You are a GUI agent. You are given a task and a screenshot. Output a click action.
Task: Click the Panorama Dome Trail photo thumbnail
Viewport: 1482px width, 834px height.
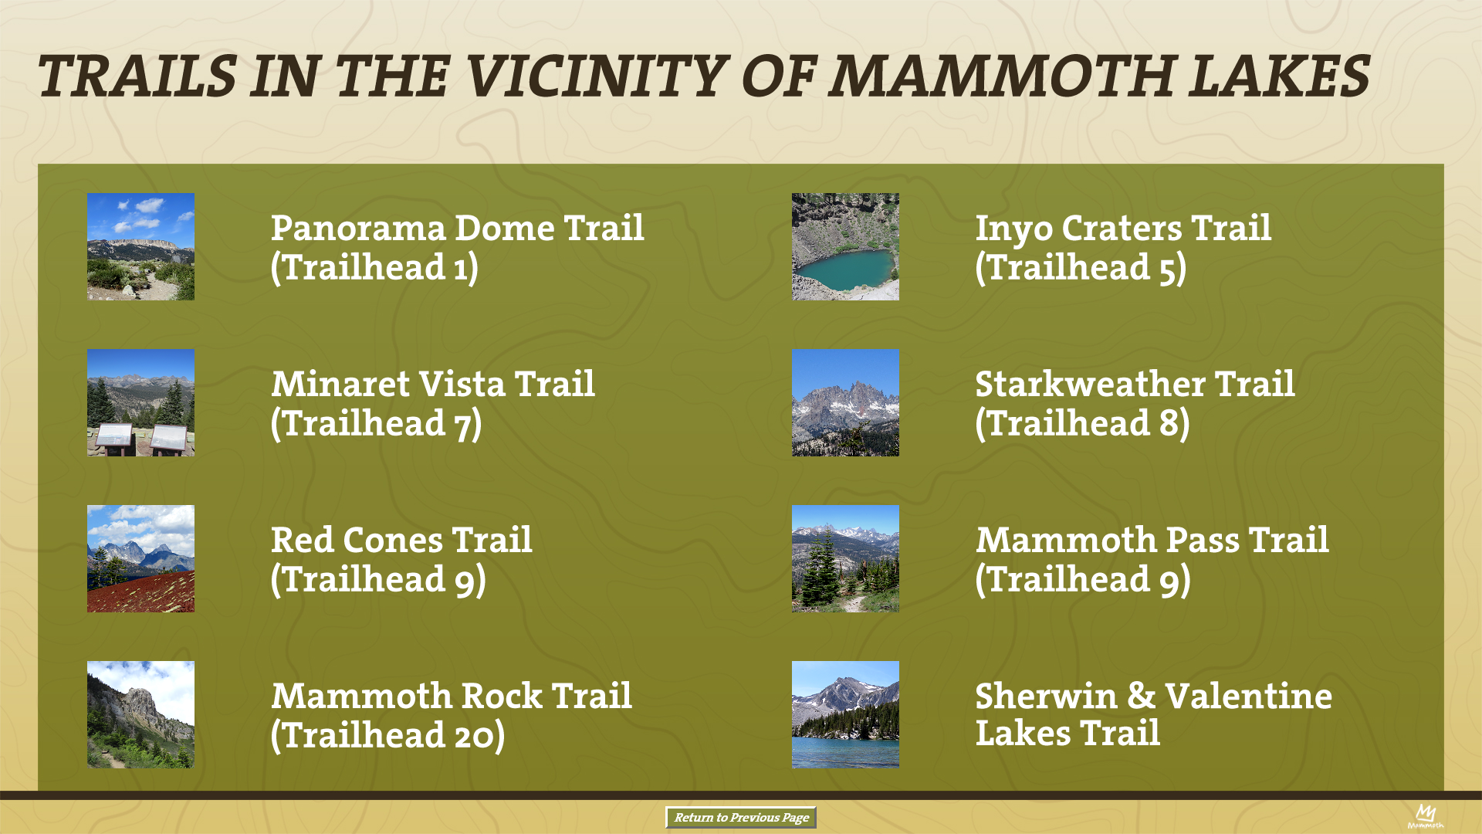pos(140,246)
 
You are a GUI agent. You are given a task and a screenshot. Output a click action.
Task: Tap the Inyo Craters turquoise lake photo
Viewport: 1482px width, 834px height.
pos(845,246)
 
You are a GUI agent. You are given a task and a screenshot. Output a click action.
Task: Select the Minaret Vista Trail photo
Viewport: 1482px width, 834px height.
pos(140,402)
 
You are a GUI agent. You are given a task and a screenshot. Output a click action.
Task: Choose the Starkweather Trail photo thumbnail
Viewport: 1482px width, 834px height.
pos(845,402)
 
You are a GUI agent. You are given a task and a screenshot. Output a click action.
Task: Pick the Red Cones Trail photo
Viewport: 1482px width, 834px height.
pos(140,558)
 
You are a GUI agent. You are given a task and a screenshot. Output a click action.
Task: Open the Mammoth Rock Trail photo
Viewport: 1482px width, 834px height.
pos(140,714)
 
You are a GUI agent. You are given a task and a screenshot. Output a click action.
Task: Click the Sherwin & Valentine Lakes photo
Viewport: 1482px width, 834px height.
pos(845,714)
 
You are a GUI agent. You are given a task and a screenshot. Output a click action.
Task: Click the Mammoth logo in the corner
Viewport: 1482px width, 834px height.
pos(1425,815)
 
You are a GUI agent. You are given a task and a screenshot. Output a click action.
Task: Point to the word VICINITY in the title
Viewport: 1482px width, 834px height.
pos(597,76)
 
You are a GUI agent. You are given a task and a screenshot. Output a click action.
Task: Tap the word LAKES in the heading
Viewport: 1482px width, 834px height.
pos(1278,76)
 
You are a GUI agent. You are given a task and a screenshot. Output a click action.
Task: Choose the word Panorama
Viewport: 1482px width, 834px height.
pos(358,228)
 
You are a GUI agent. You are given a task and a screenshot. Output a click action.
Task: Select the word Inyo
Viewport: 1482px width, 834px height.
pos(1014,229)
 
